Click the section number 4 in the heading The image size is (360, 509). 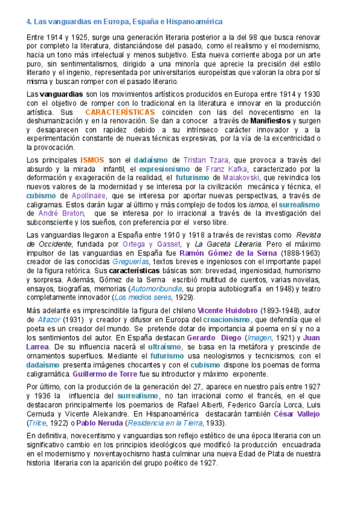pos(29,22)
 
